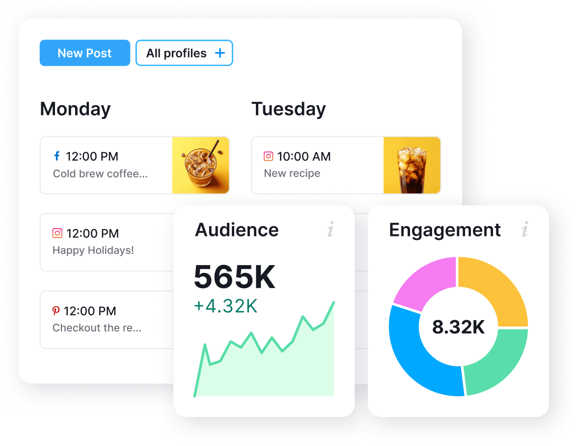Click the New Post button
(x=84, y=53)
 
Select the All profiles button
(x=176, y=53)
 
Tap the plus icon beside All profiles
(x=220, y=53)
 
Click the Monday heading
(x=75, y=109)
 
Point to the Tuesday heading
(x=288, y=109)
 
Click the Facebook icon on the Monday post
(x=57, y=156)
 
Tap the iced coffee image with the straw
(x=200, y=165)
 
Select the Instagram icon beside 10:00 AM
(x=268, y=156)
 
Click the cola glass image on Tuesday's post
(x=412, y=165)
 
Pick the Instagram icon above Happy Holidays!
(x=57, y=233)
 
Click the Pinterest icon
(x=56, y=311)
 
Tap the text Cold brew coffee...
(x=100, y=174)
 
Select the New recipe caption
(x=292, y=174)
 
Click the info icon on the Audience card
(x=330, y=229)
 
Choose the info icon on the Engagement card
(x=525, y=229)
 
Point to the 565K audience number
(x=235, y=277)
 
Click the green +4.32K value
(x=225, y=306)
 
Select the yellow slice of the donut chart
(x=494, y=290)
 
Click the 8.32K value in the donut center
(x=458, y=327)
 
